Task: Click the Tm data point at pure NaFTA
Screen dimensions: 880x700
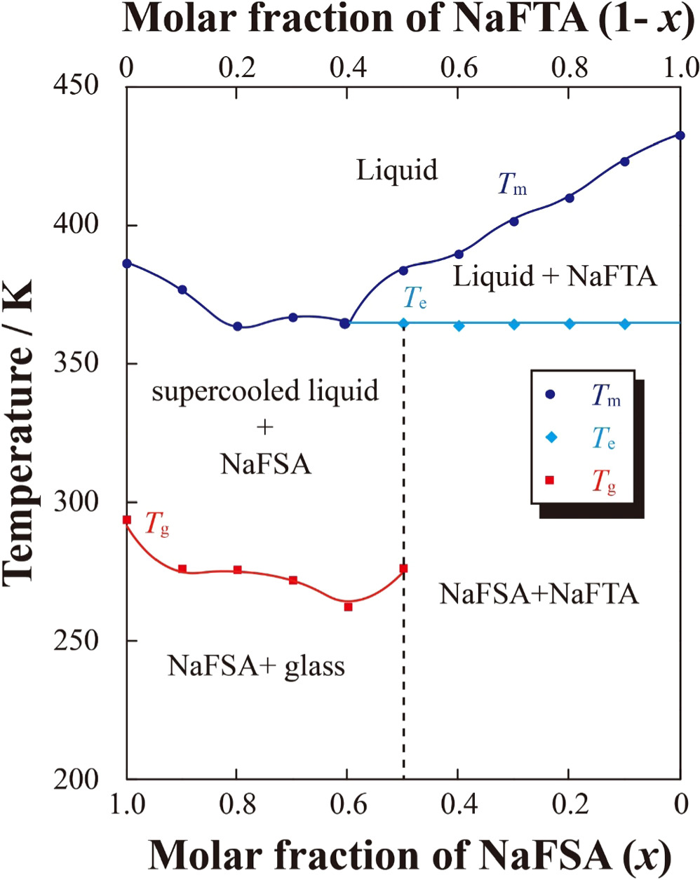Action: (x=680, y=135)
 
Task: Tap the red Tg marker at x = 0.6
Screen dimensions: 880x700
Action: (x=348, y=607)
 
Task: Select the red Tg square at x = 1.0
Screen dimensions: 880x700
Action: (x=127, y=520)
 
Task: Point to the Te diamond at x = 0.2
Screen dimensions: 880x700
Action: (x=570, y=324)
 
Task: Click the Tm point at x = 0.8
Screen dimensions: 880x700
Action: (x=238, y=326)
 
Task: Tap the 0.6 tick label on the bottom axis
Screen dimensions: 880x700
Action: (x=348, y=804)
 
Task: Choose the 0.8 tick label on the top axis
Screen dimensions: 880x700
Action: (x=570, y=68)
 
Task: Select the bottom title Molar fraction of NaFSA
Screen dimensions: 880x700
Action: (x=410, y=855)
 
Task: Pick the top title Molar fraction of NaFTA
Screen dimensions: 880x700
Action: (x=403, y=19)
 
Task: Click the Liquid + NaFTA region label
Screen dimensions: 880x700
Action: (x=555, y=276)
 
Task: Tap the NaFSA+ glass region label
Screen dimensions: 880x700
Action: (x=256, y=665)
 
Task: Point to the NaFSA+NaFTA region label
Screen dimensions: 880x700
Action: (x=539, y=594)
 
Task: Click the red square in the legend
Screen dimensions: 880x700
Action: (x=550, y=480)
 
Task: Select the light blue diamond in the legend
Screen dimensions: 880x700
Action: (x=551, y=438)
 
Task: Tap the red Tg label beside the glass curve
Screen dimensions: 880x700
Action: (x=156, y=524)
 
